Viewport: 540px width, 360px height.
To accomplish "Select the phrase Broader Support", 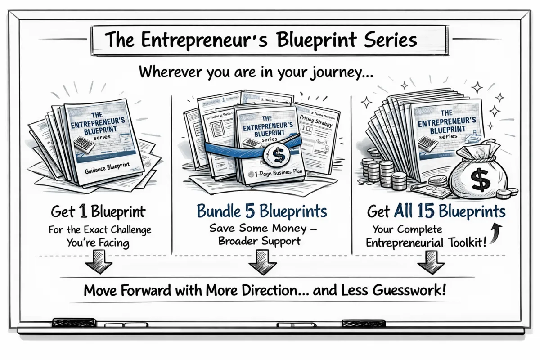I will pyautogui.click(x=259, y=241).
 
